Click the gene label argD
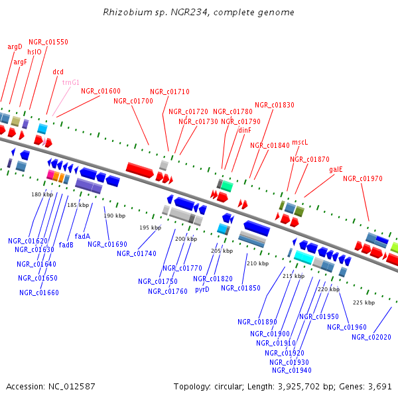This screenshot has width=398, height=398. tap(15, 46)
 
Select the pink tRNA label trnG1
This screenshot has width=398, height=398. tap(70, 82)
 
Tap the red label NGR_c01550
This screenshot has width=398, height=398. tap(48, 42)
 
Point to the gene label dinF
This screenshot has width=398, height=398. tap(245, 130)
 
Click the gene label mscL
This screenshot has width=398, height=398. tap(300, 142)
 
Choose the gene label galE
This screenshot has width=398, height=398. tap(336, 169)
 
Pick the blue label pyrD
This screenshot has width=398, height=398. tap(202, 289)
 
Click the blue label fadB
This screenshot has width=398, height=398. tap(66, 244)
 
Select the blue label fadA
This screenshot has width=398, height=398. tap(82, 235)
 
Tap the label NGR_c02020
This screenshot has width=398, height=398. tap(371, 337)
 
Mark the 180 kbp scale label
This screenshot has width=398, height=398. tap(42, 194)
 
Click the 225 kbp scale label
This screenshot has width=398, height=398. tap(364, 302)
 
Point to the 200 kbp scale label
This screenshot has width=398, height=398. tap(186, 239)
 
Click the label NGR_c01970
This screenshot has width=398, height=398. tap(362, 178)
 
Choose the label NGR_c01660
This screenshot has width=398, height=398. tap(39, 293)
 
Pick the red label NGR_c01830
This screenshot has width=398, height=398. tap(275, 105)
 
